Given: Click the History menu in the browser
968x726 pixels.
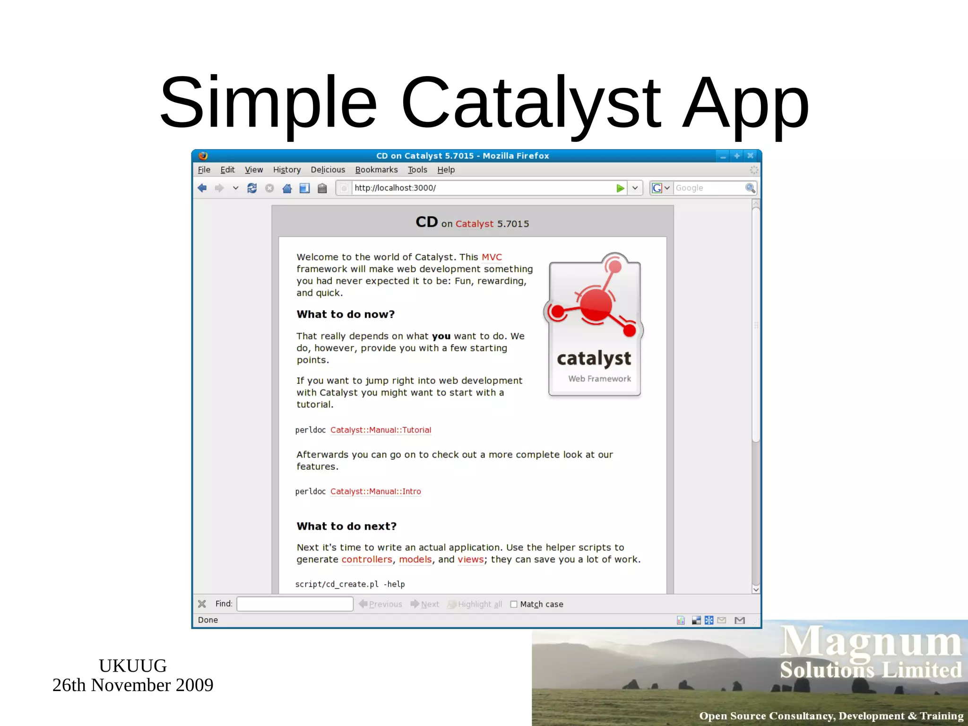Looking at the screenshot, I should click(286, 170).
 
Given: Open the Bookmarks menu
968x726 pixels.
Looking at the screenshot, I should click(376, 170).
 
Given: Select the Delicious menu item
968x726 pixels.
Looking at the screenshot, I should click(328, 170).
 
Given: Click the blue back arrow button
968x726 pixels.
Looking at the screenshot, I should click(202, 188).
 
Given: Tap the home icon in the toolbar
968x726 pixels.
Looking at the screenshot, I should click(287, 188).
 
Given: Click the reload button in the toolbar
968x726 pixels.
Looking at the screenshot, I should click(252, 188).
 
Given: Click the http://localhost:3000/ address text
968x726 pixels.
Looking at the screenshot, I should click(395, 188).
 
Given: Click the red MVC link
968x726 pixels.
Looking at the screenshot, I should click(492, 257).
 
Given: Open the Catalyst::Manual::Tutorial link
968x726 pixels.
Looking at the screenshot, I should click(380, 430).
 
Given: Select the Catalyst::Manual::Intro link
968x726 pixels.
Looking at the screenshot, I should click(375, 492).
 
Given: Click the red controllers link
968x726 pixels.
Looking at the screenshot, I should click(367, 560).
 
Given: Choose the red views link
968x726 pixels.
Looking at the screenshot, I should click(470, 560).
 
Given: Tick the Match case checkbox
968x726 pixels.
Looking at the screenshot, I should click(514, 604).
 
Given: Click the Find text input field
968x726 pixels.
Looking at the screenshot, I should click(295, 604).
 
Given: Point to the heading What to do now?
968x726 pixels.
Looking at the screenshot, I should click(346, 314).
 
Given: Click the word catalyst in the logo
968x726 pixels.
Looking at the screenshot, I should click(594, 359).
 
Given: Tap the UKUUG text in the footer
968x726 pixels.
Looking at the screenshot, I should click(132, 665).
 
